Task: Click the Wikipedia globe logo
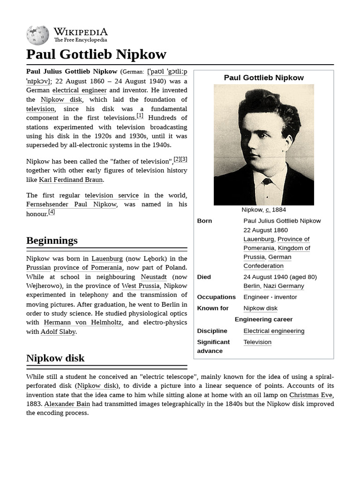[x=37, y=35]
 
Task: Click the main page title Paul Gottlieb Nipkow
[x=96, y=54]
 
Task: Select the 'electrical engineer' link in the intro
[x=79, y=90]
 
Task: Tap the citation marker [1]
[x=140, y=116]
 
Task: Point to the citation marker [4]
[x=52, y=212]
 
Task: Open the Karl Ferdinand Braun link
[x=71, y=180]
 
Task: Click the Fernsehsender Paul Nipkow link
[x=71, y=204]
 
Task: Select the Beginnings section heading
[x=52, y=240]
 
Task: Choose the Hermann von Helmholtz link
[x=82, y=322]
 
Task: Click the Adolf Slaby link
[x=58, y=332]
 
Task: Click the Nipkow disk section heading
[x=55, y=358]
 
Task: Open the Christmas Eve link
[x=310, y=395]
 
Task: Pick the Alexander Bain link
[x=67, y=404]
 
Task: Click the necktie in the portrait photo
[x=266, y=181]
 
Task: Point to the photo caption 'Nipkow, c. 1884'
[x=263, y=210]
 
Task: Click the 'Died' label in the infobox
[x=204, y=277]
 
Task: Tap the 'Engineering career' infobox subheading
[x=263, y=319]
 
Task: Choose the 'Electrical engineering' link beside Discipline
[x=274, y=331]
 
